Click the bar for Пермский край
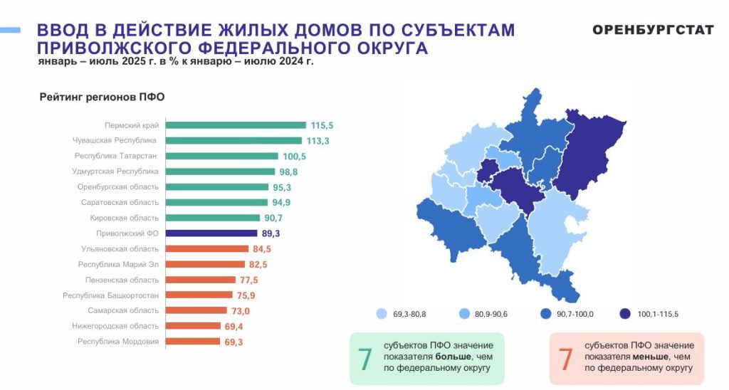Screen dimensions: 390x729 [x=235, y=125]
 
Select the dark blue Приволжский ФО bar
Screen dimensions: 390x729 [x=211, y=233]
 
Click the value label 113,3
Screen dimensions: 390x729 [x=318, y=141]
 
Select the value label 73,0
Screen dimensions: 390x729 [x=240, y=311]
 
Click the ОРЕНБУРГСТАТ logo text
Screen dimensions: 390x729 [x=653, y=30]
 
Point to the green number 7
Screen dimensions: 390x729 [x=364, y=359]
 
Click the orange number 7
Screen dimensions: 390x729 [x=565, y=359]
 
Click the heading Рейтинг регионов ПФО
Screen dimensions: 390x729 [x=102, y=97]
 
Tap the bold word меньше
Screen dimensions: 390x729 [x=652, y=356]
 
